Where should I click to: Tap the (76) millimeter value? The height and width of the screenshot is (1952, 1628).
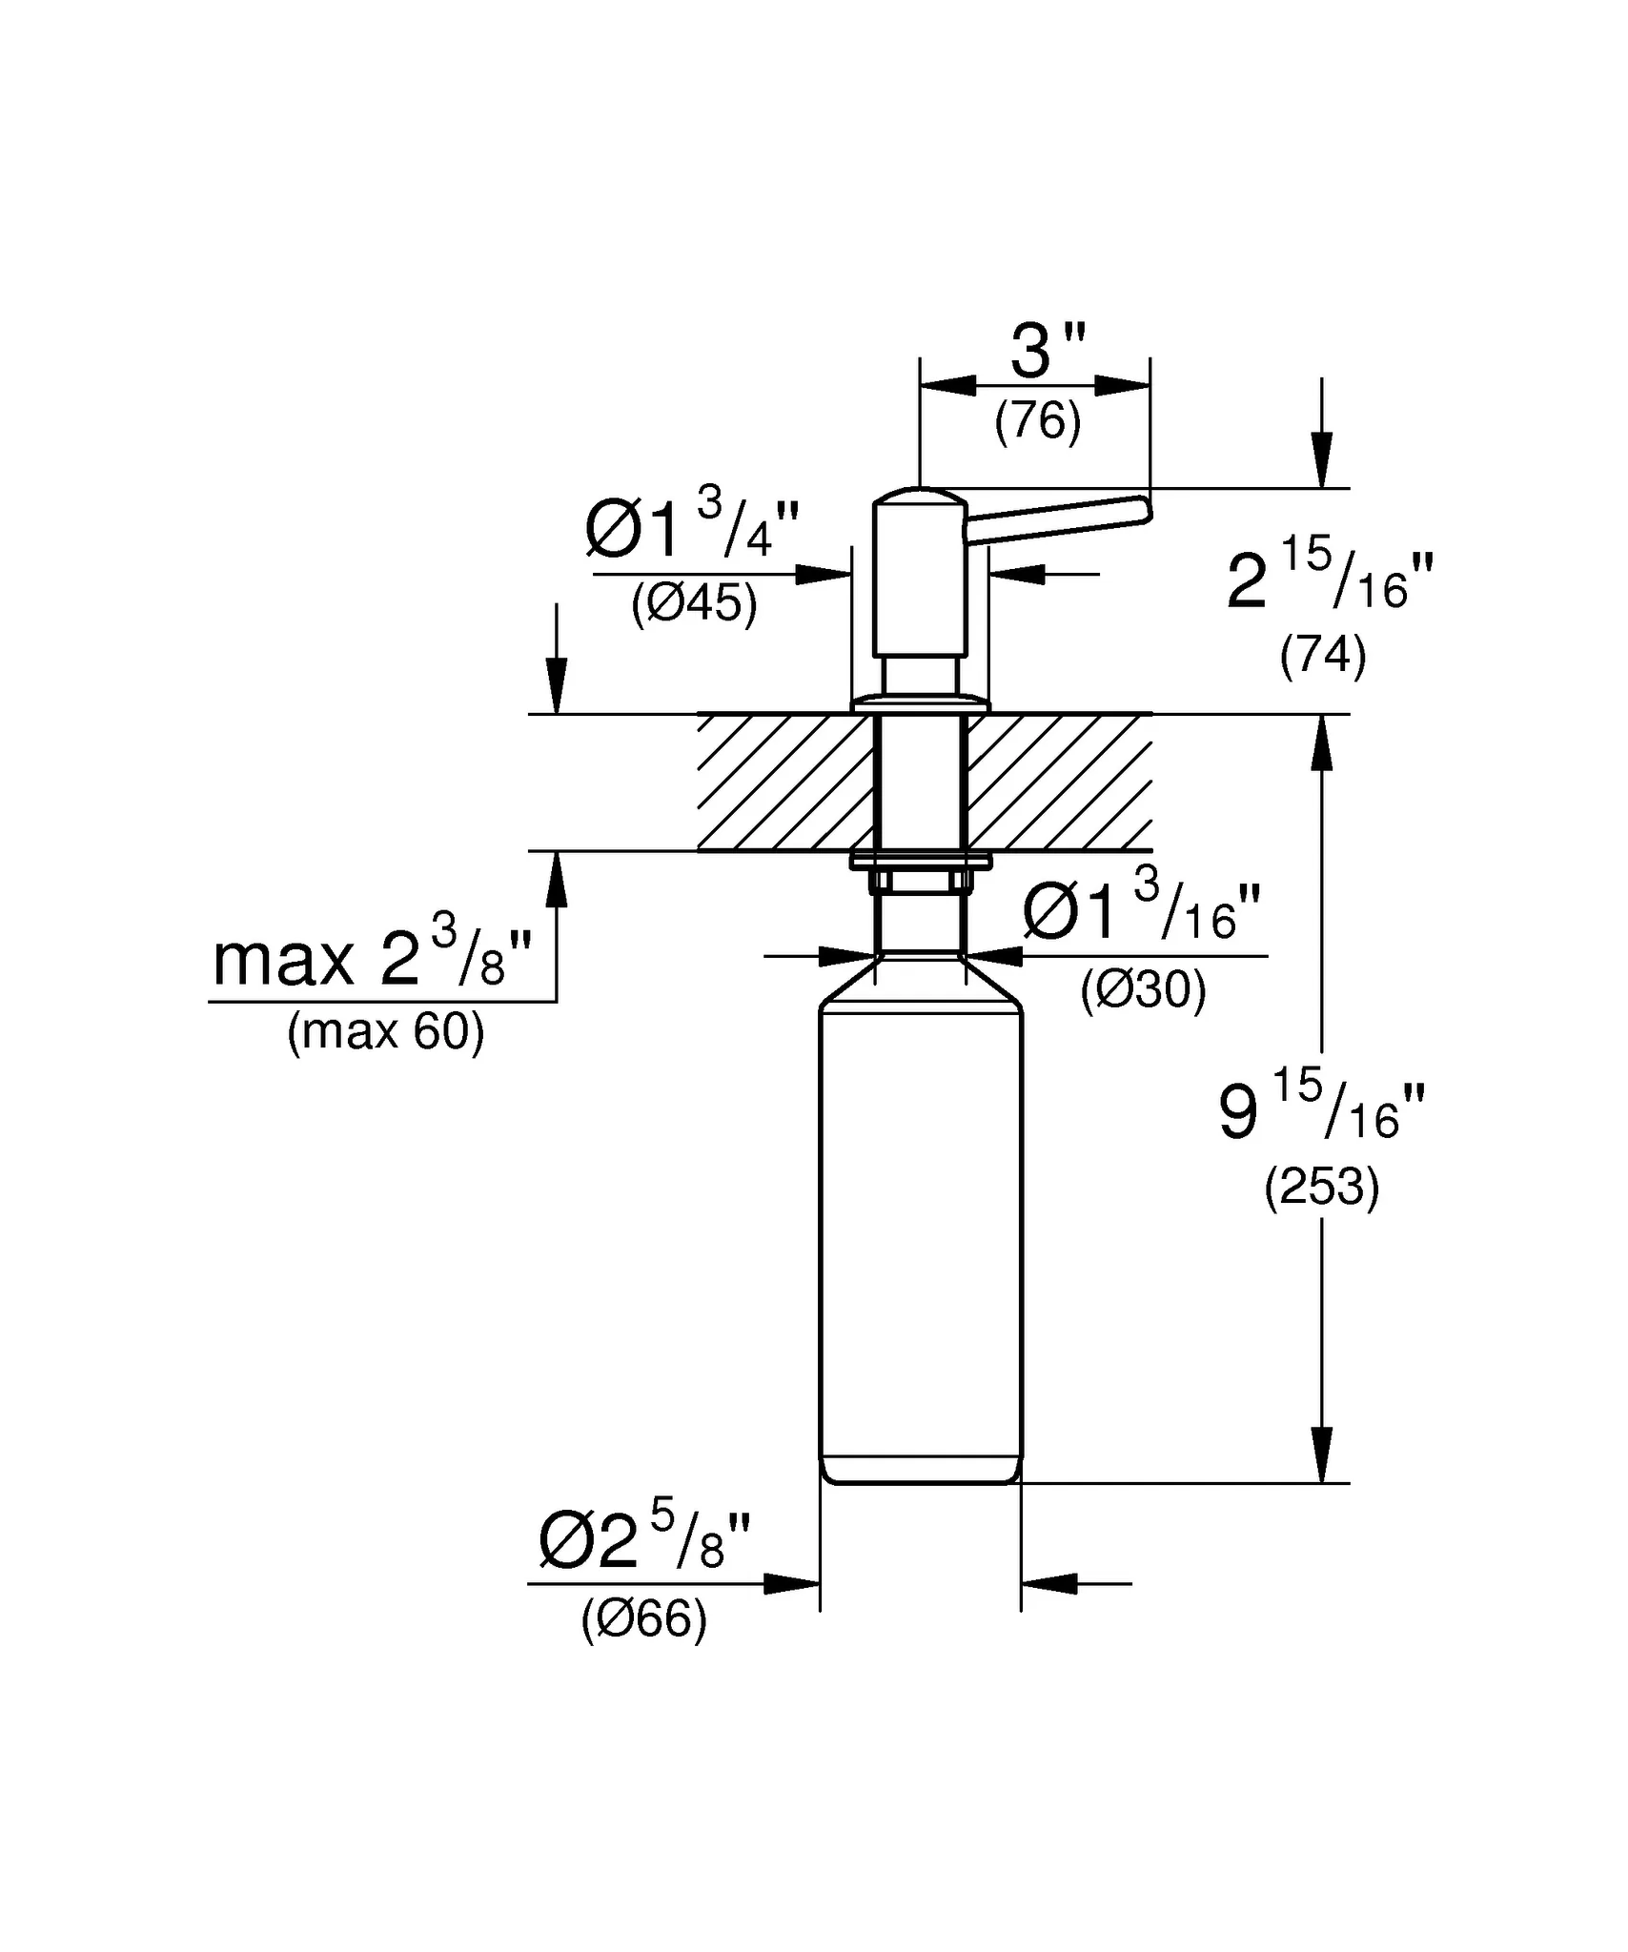[1038, 421]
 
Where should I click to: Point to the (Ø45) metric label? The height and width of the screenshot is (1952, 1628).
[694, 603]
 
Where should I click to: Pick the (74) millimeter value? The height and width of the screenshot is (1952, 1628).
[1323, 656]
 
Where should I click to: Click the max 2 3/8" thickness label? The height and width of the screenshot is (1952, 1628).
[372, 956]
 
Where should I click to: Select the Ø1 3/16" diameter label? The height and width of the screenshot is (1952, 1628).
[1142, 910]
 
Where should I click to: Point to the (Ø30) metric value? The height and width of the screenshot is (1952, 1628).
[1143, 990]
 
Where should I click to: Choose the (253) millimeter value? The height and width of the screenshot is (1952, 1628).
[1321, 1188]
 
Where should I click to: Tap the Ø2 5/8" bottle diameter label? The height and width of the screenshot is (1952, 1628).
[645, 1541]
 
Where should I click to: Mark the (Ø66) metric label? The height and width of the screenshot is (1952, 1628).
[644, 1618]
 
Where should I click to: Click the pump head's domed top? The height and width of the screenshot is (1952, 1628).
[921, 498]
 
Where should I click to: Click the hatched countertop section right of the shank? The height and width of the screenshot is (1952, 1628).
[1058, 782]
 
